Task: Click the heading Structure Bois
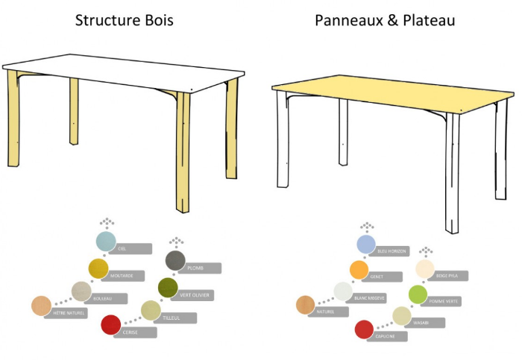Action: (124, 20)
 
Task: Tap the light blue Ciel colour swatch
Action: (106, 241)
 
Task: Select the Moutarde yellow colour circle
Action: (98, 268)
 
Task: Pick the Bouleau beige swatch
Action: (81, 291)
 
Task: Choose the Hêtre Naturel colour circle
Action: (41, 306)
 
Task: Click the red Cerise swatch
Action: (110, 324)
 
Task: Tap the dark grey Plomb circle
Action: (175, 260)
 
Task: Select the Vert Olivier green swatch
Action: (168, 286)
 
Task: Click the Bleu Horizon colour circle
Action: (365, 244)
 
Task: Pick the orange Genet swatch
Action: (359, 269)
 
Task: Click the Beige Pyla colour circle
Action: (425, 269)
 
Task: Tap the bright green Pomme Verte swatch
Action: (418, 294)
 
